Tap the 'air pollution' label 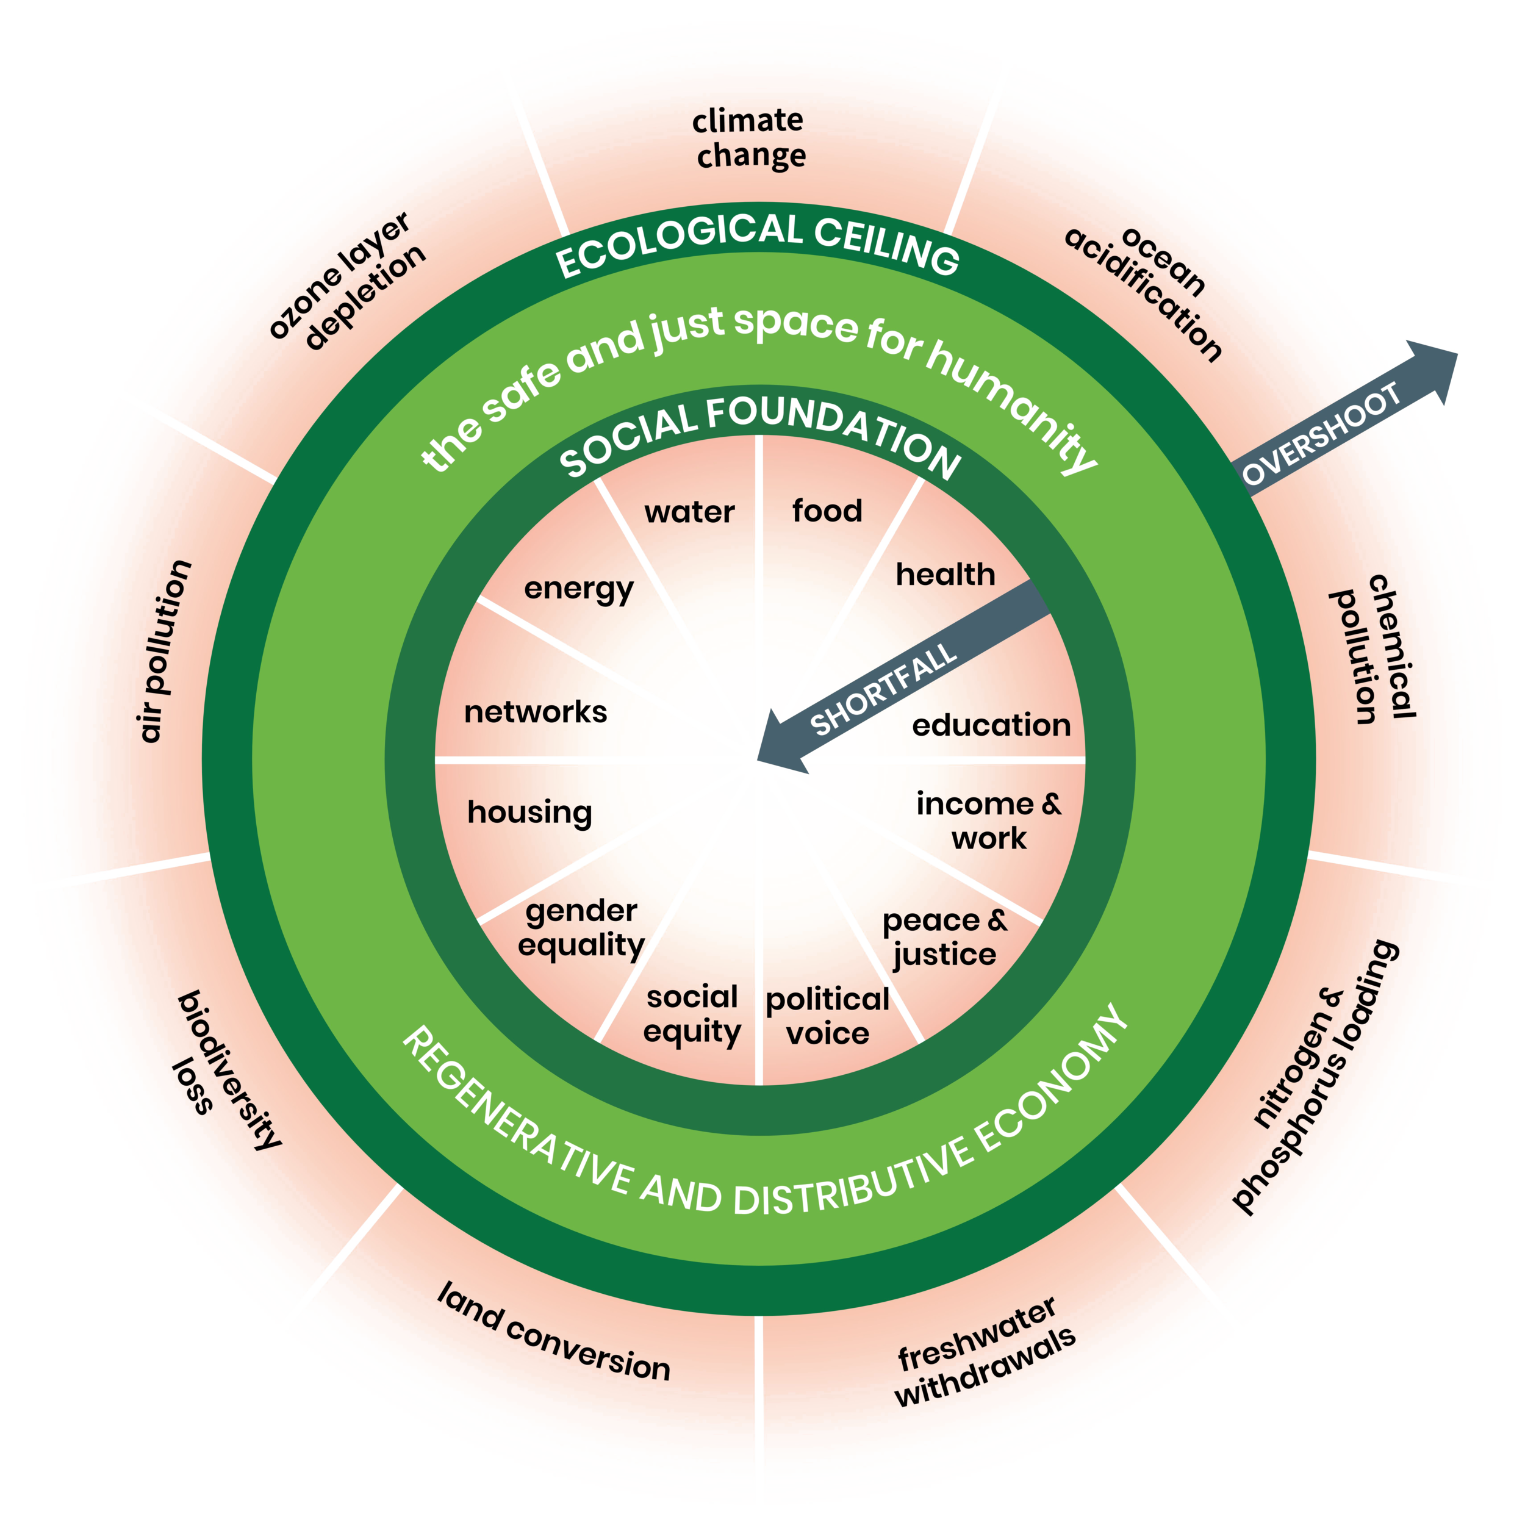(164, 651)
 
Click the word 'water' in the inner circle (689, 512)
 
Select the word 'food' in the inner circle (827, 511)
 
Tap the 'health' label (945, 575)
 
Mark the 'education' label (991, 725)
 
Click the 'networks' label (535, 712)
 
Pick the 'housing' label (529, 813)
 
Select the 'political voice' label (827, 1016)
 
